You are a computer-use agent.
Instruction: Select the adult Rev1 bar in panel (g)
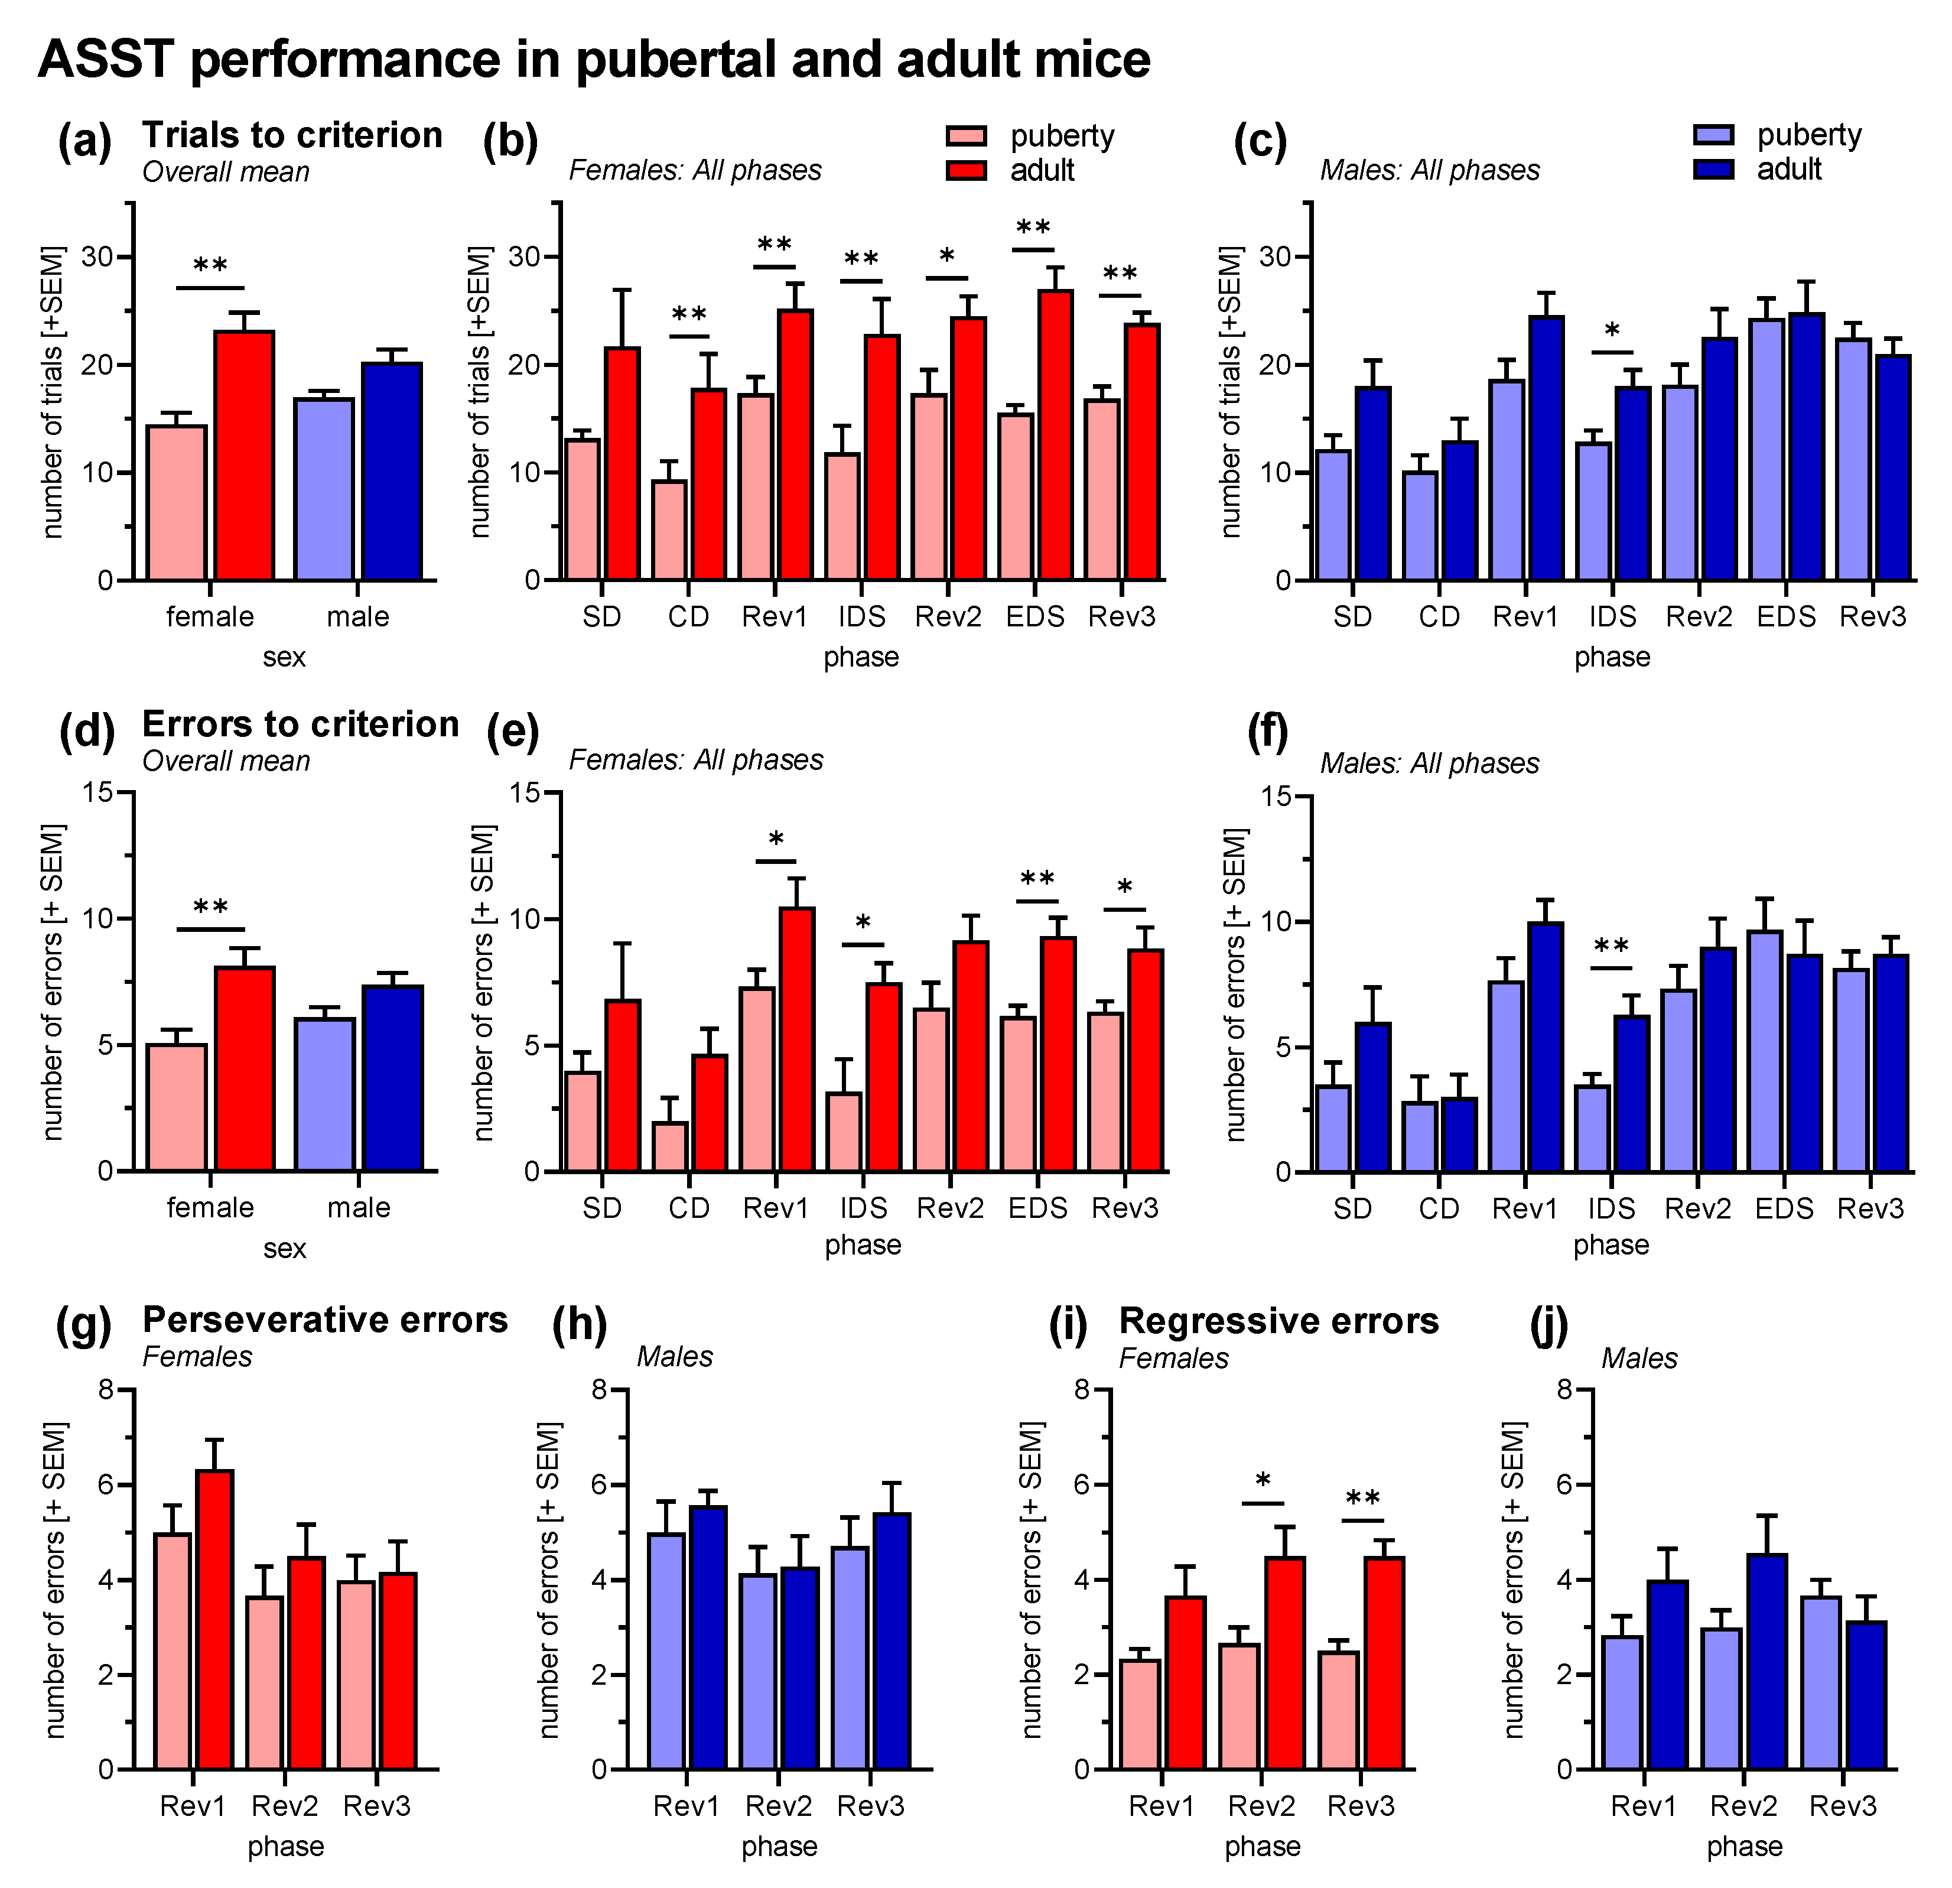tap(214, 1619)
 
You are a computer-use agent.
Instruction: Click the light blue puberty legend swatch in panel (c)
tap(1713, 135)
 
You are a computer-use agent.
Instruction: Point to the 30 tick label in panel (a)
tap(97, 257)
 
